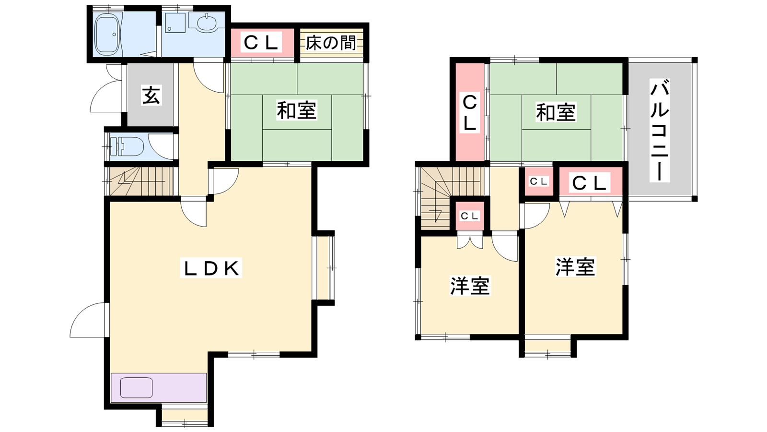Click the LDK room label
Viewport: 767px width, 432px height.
[211, 268]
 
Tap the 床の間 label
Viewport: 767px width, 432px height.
[331, 43]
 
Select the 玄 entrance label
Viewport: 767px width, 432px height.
[151, 95]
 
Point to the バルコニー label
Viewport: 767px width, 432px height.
[660, 130]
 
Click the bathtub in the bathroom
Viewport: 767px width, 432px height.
[107, 34]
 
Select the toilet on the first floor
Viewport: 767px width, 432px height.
[130, 146]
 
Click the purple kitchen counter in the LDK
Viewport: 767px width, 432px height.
[159, 387]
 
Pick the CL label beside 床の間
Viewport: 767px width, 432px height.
[261, 43]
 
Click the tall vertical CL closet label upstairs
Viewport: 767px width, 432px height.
[469, 113]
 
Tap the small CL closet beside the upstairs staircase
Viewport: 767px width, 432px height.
[469, 216]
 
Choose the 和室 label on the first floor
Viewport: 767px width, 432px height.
[297, 110]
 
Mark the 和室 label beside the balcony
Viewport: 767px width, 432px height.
[556, 112]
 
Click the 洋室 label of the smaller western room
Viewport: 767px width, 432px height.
[470, 286]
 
